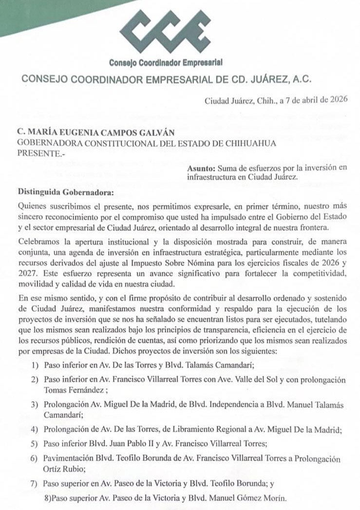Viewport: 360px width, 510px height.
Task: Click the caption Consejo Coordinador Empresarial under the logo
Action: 166,62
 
